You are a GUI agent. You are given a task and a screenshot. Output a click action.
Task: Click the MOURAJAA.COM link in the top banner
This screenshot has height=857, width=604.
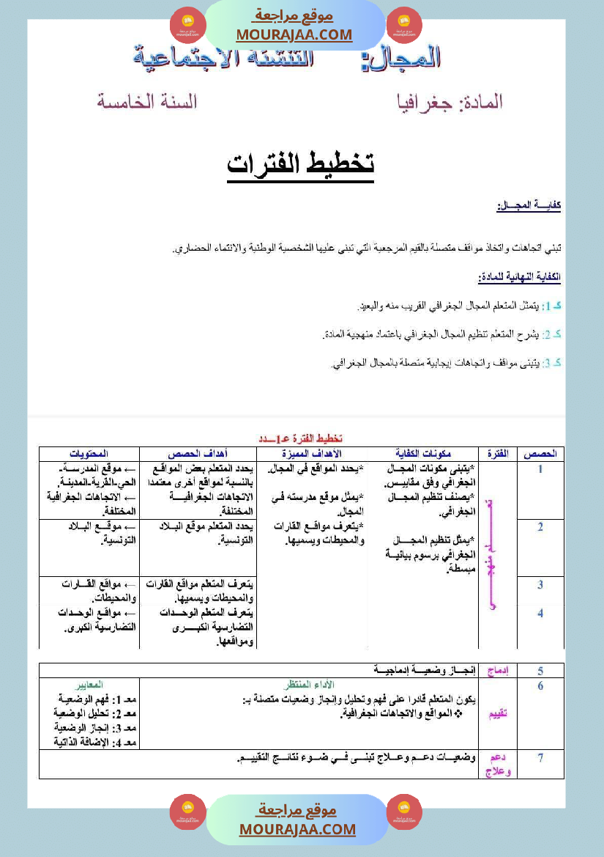pos(294,34)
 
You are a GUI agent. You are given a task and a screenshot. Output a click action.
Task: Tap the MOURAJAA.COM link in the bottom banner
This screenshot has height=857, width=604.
pos(297,829)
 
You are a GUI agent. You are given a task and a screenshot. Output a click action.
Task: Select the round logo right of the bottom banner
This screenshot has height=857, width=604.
pos(404,812)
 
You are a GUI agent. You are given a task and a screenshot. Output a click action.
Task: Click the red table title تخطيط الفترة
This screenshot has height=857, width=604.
pos(302,438)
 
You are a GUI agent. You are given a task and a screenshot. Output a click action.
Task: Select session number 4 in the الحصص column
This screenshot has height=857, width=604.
pos(540,613)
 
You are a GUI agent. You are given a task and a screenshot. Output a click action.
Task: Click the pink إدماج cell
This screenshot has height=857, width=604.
pos(498,670)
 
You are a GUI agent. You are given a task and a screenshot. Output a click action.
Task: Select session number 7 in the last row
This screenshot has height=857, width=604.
pos(540,758)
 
